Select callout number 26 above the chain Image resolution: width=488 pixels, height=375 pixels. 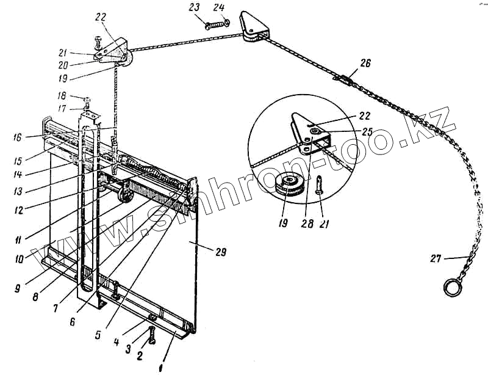click(x=365, y=63)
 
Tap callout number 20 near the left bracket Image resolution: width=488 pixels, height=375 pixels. click(x=79, y=64)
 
